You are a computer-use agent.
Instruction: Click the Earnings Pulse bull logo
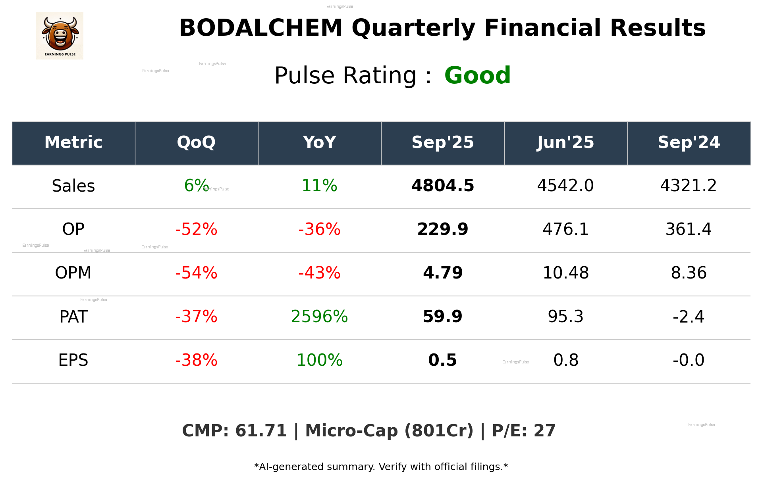point(60,36)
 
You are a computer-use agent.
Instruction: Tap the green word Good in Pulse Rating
point(477,75)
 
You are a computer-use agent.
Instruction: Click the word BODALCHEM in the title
point(260,28)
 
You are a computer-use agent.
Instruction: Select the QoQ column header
point(196,142)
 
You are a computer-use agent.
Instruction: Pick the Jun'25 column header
point(565,142)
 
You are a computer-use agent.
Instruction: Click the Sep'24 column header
point(689,142)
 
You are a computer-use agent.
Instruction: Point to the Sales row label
point(73,186)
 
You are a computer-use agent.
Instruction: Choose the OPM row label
point(73,273)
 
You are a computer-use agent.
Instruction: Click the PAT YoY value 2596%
point(319,317)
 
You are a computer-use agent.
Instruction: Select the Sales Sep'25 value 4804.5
point(443,186)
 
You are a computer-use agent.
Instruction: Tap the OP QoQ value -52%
point(196,229)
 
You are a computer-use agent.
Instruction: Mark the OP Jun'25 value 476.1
point(565,229)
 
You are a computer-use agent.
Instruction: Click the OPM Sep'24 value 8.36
point(689,273)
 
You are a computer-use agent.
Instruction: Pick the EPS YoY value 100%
point(319,360)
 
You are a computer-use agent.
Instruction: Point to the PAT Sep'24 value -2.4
point(689,317)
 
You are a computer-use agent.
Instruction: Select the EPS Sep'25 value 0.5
point(443,360)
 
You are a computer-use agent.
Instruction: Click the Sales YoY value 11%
point(319,186)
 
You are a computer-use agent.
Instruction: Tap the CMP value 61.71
point(260,431)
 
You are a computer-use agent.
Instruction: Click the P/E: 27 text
point(523,431)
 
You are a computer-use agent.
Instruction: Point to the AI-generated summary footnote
point(381,467)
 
